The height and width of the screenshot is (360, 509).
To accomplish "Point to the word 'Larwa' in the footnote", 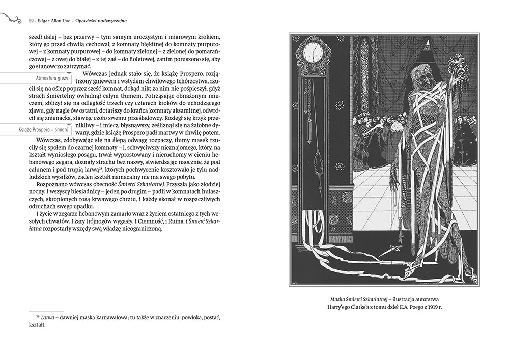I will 41,317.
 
